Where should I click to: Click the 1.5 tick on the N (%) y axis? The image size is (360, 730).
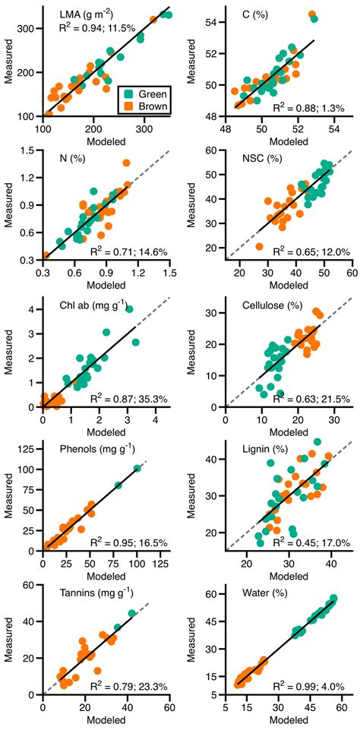(x=27, y=151)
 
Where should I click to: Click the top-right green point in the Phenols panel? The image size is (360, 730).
(x=137, y=469)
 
